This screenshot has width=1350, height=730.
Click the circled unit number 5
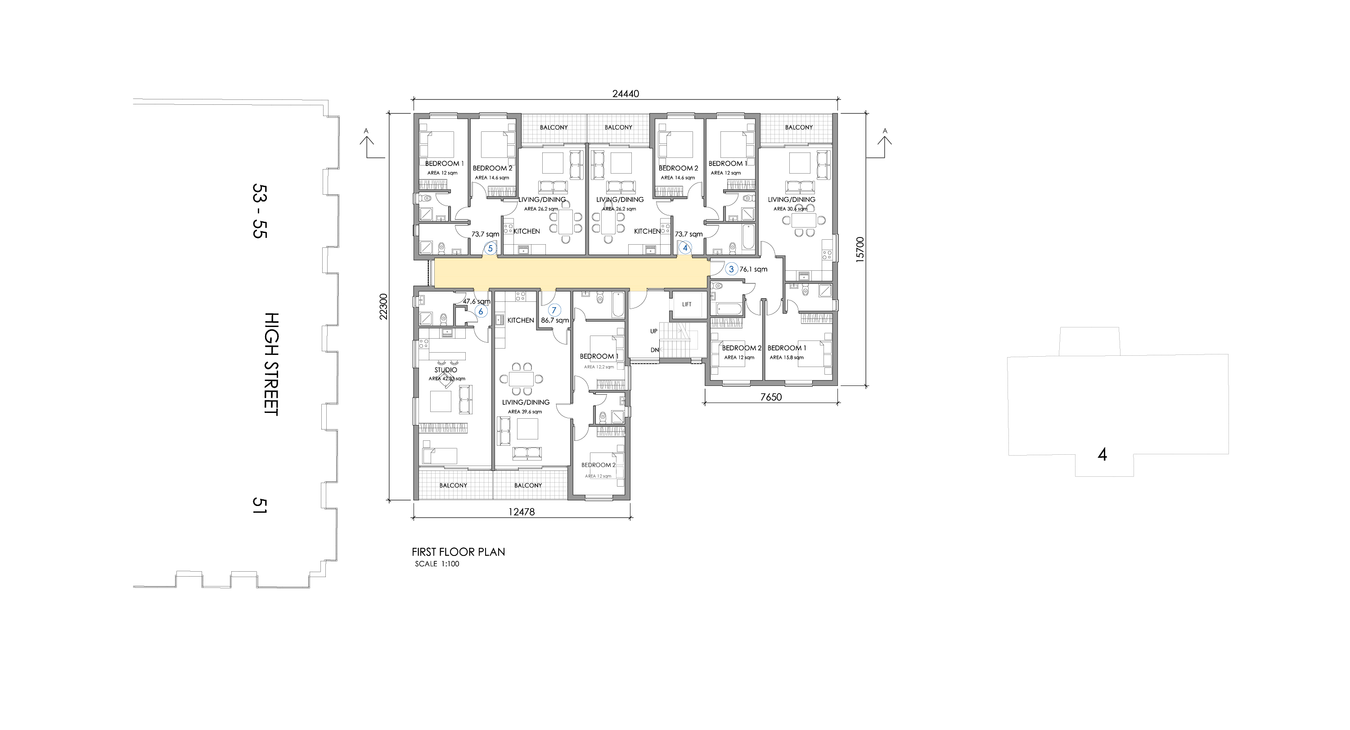(490, 248)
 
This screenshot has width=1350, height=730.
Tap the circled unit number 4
(684, 248)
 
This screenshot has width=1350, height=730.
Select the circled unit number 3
(732, 269)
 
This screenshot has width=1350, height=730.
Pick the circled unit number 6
(481, 312)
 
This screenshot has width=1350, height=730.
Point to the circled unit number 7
(553, 310)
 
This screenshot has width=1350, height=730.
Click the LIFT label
(687, 304)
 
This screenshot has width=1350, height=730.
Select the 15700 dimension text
(859, 249)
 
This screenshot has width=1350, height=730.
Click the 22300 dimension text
(383, 306)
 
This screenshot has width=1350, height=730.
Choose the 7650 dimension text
(771, 398)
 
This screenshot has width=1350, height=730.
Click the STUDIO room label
(445, 370)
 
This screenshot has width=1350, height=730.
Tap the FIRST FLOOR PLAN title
(459, 552)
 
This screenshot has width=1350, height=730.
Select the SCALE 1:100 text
(437, 564)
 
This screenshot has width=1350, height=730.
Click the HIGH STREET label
(271, 364)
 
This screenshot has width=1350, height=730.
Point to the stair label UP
(653, 331)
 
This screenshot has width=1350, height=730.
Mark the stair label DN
(655, 350)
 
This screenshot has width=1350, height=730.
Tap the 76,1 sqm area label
(754, 269)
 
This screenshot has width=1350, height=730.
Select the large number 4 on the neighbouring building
(1102, 455)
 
